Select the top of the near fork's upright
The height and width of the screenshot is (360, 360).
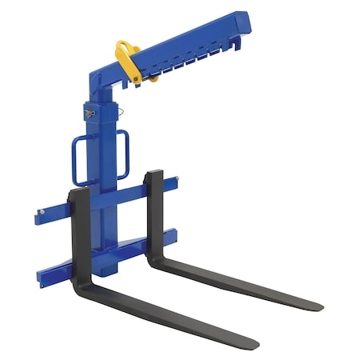pyautogui.click(x=79, y=194)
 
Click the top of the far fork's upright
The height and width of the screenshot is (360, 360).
pyautogui.click(x=154, y=174)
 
